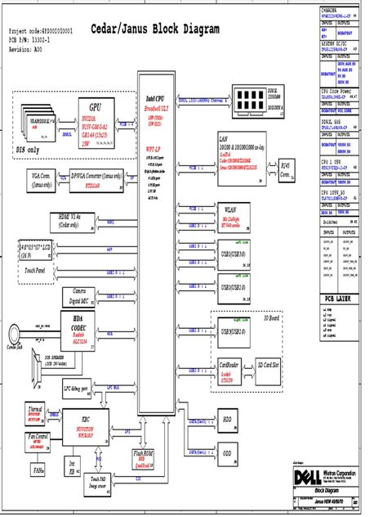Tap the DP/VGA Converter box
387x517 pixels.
click(97, 178)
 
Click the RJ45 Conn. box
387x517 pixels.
click(286, 173)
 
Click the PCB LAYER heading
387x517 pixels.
click(340, 300)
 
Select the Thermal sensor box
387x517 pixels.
click(36, 411)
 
